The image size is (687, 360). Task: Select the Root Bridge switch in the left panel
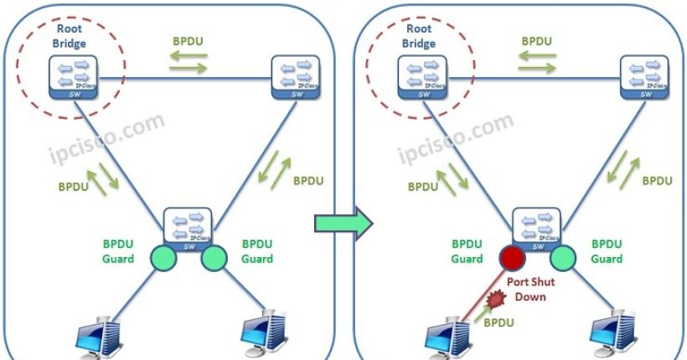[71, 78]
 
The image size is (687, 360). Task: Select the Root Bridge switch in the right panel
[420, 78]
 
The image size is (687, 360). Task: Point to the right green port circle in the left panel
[214, 256]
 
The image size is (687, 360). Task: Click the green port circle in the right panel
[563, 256]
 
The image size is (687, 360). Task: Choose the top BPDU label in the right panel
[537, 39]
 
